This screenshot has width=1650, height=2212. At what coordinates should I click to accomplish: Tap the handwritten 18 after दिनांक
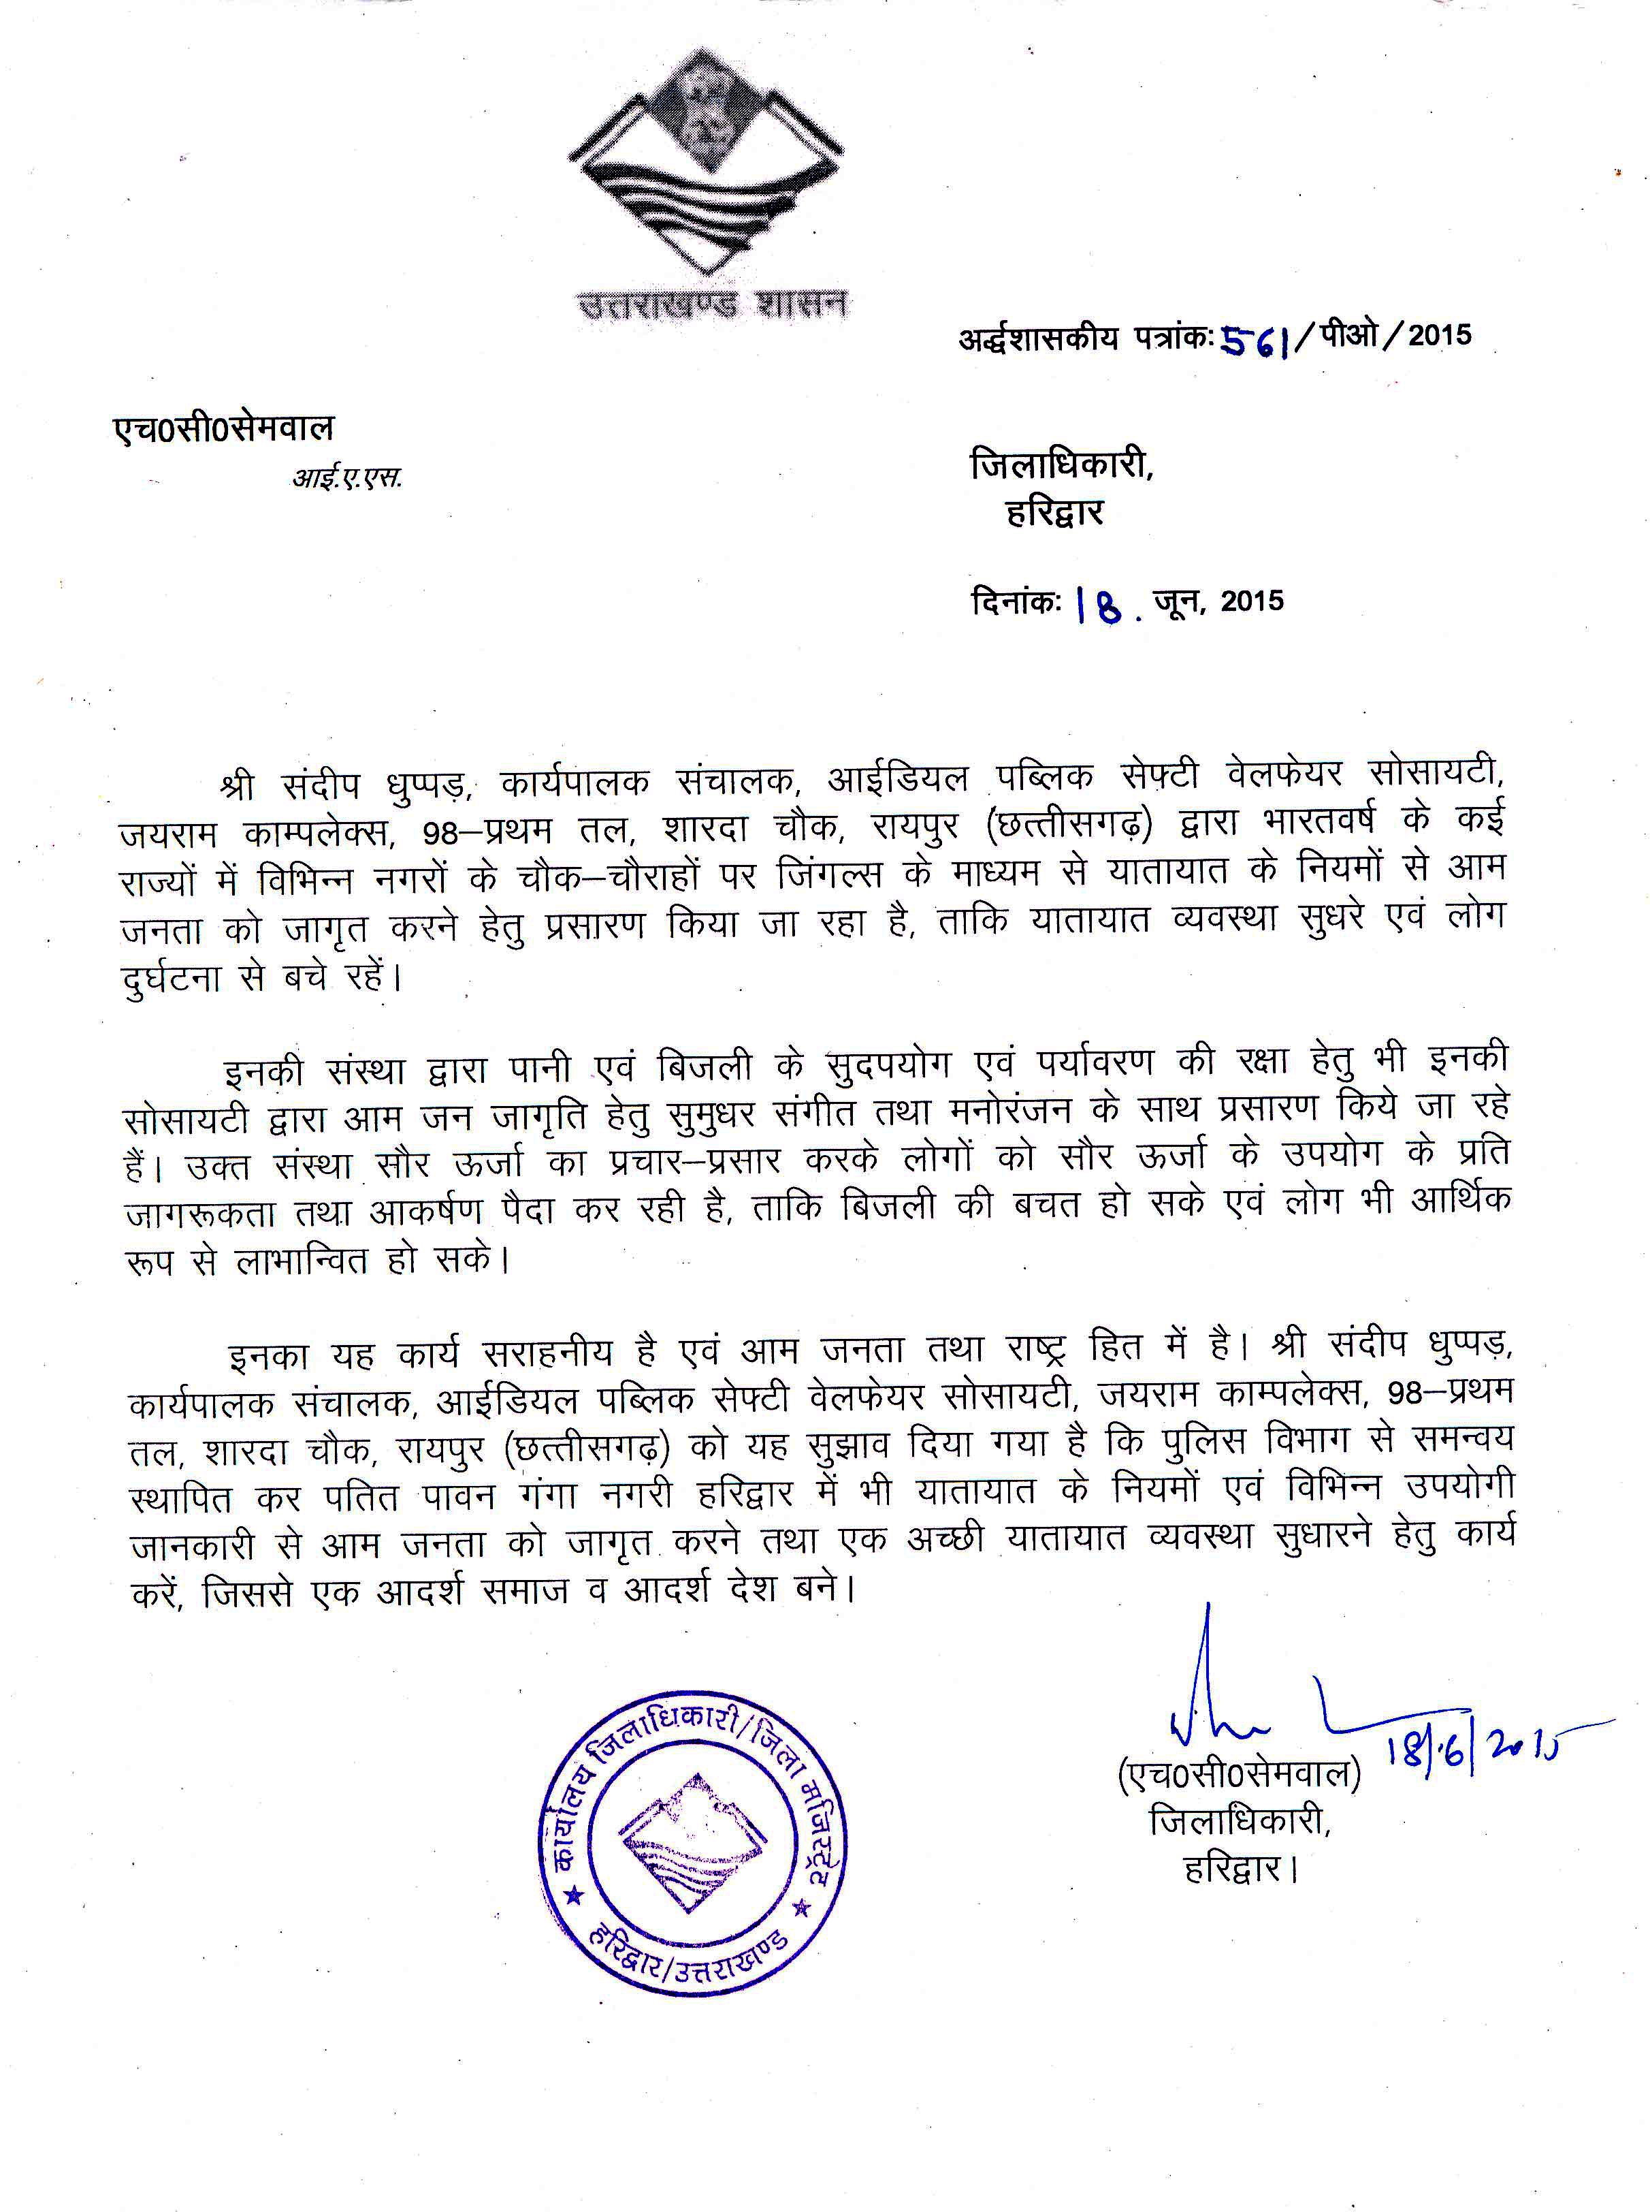tap(1101, 605)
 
